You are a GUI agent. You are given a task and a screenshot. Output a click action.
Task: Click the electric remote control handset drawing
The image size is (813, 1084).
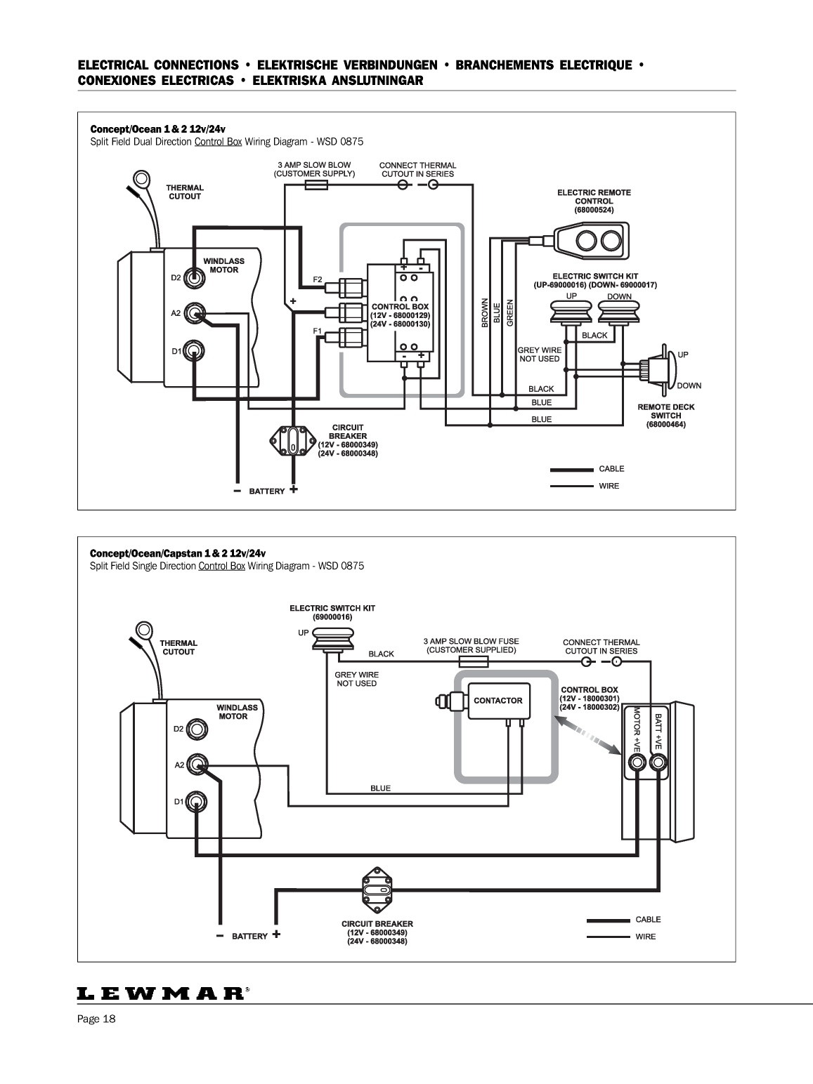click(x=590, y=240)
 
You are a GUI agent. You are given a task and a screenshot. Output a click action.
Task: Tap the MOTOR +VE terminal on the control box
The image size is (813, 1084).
click(x=636, y=766)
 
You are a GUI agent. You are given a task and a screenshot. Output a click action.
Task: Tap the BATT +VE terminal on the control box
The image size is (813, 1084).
click(x=658, y=766)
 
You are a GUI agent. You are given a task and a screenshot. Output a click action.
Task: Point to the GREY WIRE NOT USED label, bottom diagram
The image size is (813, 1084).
click(x=356, y=679)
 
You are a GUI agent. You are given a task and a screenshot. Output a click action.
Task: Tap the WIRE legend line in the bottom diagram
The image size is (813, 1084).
click(x=608, y=937)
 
